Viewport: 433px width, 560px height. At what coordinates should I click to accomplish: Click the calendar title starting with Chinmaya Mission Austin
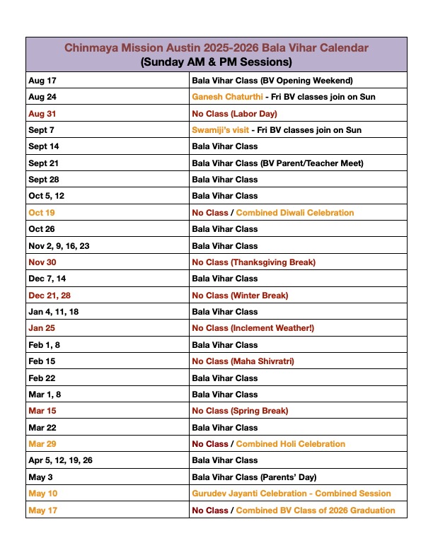point(216,47)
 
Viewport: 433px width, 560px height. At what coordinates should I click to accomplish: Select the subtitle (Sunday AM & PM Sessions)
point(216,62)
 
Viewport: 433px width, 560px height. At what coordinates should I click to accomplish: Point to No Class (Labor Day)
point(234,113)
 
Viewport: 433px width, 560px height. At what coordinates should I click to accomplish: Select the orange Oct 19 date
point(42,212)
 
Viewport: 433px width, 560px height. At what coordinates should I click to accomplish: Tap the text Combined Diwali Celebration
point(295,212)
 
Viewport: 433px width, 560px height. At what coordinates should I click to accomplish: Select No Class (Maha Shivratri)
point(243,361)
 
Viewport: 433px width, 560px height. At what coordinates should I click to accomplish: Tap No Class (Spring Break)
point(240,411)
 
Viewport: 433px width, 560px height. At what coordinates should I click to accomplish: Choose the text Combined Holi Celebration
point(291,444)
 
